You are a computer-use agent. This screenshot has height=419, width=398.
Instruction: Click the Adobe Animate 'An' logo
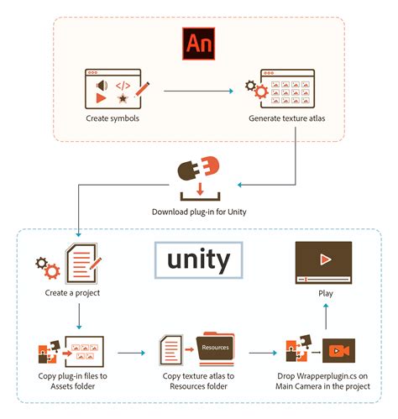(x=200, y=44)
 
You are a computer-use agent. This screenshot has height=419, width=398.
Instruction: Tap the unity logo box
(x=198, y=260)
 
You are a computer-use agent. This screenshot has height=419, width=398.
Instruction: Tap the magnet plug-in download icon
(x=198, y=172)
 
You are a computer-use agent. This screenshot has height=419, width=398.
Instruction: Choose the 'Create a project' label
(x=74, y=294)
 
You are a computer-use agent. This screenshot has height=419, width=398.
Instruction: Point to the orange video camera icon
(x=338, y=350)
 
